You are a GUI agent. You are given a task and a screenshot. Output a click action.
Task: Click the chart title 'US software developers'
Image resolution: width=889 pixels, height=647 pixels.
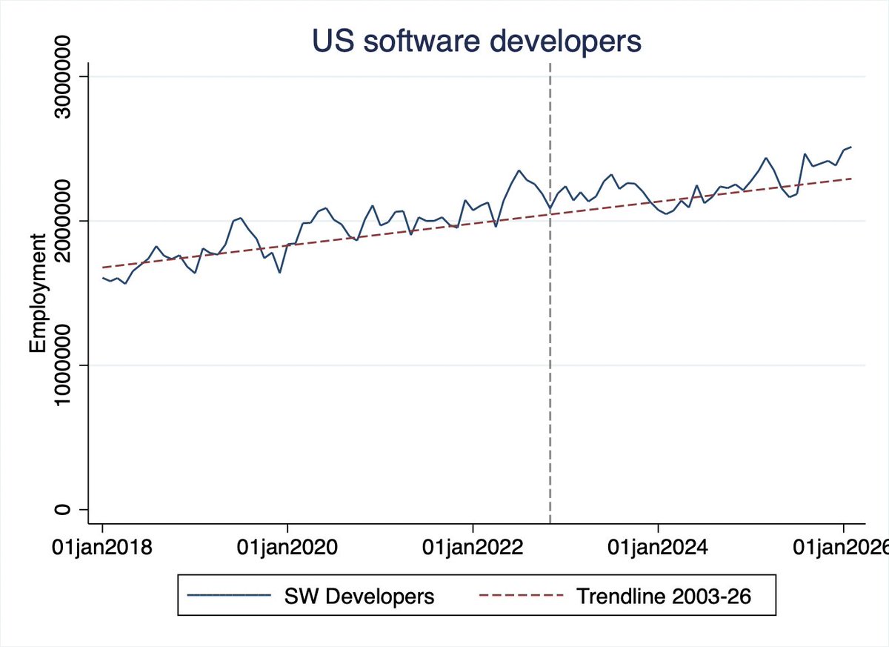[x=476, y=41]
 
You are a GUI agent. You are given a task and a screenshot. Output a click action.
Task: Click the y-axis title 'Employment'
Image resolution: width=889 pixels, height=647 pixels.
[x=38, y=293]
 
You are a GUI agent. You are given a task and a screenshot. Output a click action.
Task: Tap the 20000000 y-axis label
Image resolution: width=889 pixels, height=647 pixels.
[x=62, y=221]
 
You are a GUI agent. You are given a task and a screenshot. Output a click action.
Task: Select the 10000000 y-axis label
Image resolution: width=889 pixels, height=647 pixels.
[x=62, y=365]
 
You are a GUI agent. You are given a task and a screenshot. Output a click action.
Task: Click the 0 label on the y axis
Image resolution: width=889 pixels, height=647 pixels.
[x=62, y=509]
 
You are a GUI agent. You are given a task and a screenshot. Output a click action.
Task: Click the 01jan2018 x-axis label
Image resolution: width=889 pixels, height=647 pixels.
[x=102, y=548]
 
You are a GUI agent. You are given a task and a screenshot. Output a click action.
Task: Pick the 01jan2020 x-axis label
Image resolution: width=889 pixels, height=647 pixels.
[x=287, y=548]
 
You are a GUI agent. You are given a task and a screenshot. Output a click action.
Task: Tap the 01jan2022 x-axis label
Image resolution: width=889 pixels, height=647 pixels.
[x=473, y=548]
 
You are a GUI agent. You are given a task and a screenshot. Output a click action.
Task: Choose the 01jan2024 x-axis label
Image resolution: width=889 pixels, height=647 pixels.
[x=658, y=548]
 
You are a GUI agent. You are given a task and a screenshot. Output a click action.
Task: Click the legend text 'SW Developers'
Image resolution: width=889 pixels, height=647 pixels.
[x=359, y=596]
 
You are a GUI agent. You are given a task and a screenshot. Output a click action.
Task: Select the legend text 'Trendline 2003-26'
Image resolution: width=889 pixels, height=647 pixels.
[x=664, y=596]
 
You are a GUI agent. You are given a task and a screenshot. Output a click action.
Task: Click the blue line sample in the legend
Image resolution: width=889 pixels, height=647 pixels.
[x=229, y=595]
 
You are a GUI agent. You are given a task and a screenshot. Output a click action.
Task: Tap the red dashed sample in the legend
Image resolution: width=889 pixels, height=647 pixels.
[x=521, y=595]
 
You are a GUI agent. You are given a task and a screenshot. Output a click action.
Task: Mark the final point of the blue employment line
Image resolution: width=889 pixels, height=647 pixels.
[x=851, y=147]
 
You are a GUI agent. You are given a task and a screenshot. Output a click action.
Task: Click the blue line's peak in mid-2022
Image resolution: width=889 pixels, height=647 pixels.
[x=519, y=170]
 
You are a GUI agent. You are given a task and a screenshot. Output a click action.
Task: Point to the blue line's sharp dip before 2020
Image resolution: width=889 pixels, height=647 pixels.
[x=280, y=273]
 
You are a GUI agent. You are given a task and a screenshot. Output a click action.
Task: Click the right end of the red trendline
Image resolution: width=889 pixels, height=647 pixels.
[x=852, y=179]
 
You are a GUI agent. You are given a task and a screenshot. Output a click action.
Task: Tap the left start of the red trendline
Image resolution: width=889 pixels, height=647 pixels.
[x=103, y=268]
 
